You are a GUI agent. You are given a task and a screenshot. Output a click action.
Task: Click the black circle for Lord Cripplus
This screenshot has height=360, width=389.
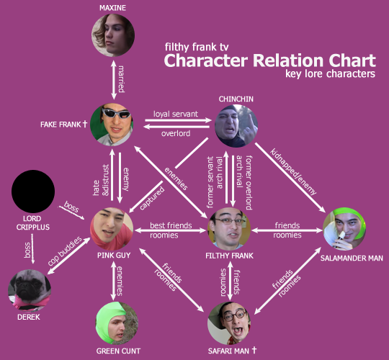pyautogui.click(x=34, y=192)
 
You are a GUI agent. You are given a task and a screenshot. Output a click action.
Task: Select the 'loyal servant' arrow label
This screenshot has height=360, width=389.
pyautogui.click(x=176, y=113)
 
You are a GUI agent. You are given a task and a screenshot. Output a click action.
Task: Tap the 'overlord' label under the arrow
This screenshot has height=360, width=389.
pyautogui.click(x=176, y=134)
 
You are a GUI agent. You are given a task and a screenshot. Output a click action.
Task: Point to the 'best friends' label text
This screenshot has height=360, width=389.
pyautogui.click(x=171, y=225)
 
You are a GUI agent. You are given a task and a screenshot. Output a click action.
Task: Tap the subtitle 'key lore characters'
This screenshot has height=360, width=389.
pyautogui.click(x=330, y=74)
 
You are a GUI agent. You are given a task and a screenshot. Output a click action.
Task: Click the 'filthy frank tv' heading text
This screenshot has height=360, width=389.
pyautogui.click(x=201, y=46)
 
